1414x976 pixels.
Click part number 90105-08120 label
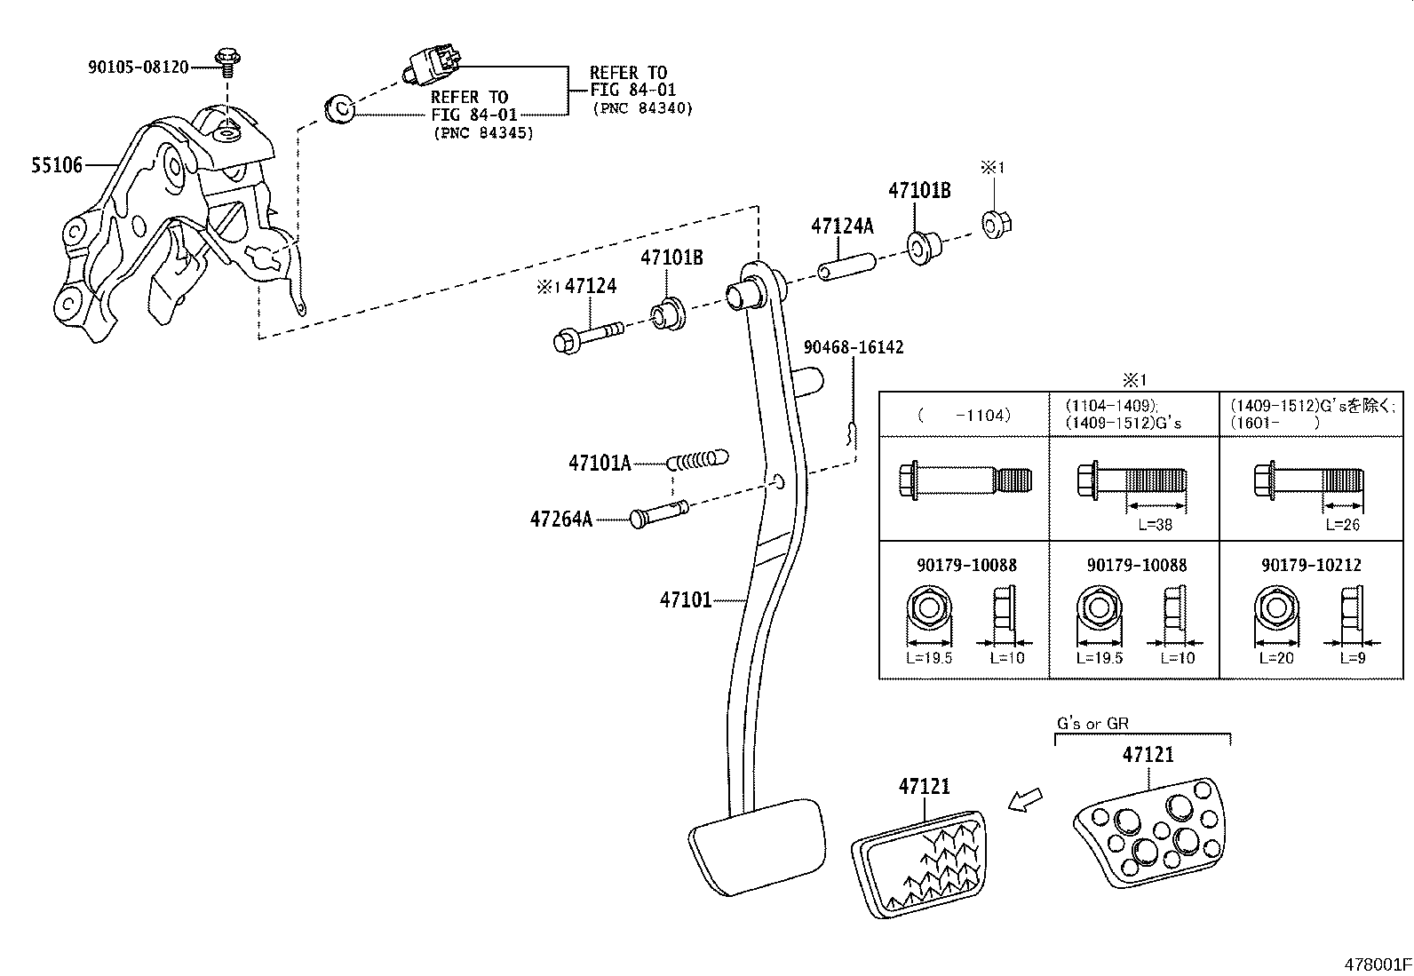click(138, 67)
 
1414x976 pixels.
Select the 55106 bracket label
click(57, 165)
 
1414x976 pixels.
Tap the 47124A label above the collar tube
click(841, 226)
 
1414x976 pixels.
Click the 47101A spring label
click(600, 463)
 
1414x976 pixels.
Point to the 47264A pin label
click(560, 520)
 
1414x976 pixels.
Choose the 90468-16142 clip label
click(853, 347)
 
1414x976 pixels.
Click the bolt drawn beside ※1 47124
click(586, 337)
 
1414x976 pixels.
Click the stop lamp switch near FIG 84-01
click(432, 65)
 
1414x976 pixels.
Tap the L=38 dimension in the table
click(1155, 525)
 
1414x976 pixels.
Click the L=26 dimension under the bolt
click(1342, 525)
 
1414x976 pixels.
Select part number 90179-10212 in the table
click(1311, 565)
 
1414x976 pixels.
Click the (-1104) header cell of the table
click(963, 415)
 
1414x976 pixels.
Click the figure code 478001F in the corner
click(1376, 964)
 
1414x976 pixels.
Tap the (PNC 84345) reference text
click(483, 133)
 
